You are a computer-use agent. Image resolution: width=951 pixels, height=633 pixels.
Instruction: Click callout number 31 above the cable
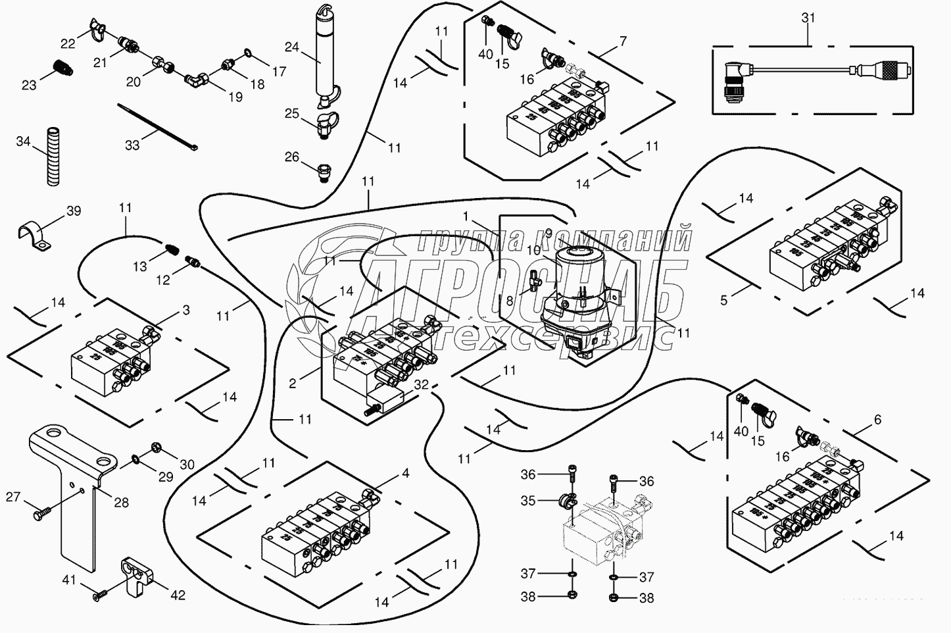[808, 18]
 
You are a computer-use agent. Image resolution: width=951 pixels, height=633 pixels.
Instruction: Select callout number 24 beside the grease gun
[292, 47]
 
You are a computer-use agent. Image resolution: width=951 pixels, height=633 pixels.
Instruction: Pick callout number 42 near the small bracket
[178, 595]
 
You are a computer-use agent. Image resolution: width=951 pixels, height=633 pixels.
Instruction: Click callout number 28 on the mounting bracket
[121, 503]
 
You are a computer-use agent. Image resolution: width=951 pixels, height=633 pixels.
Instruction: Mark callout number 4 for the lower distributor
[405, 472]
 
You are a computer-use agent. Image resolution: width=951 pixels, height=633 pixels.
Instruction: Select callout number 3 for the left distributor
[186, 309]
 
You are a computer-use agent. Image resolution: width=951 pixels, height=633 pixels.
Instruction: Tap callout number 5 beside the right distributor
[724, 300]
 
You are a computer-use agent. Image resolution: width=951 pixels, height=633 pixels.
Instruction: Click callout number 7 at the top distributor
[622, 41]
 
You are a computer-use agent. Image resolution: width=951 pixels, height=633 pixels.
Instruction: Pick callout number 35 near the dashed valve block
[528, 500]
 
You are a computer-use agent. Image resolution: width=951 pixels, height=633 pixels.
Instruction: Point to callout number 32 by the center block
[422, 385]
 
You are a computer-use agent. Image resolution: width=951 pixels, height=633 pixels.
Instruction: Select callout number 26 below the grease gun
[291, 157]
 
